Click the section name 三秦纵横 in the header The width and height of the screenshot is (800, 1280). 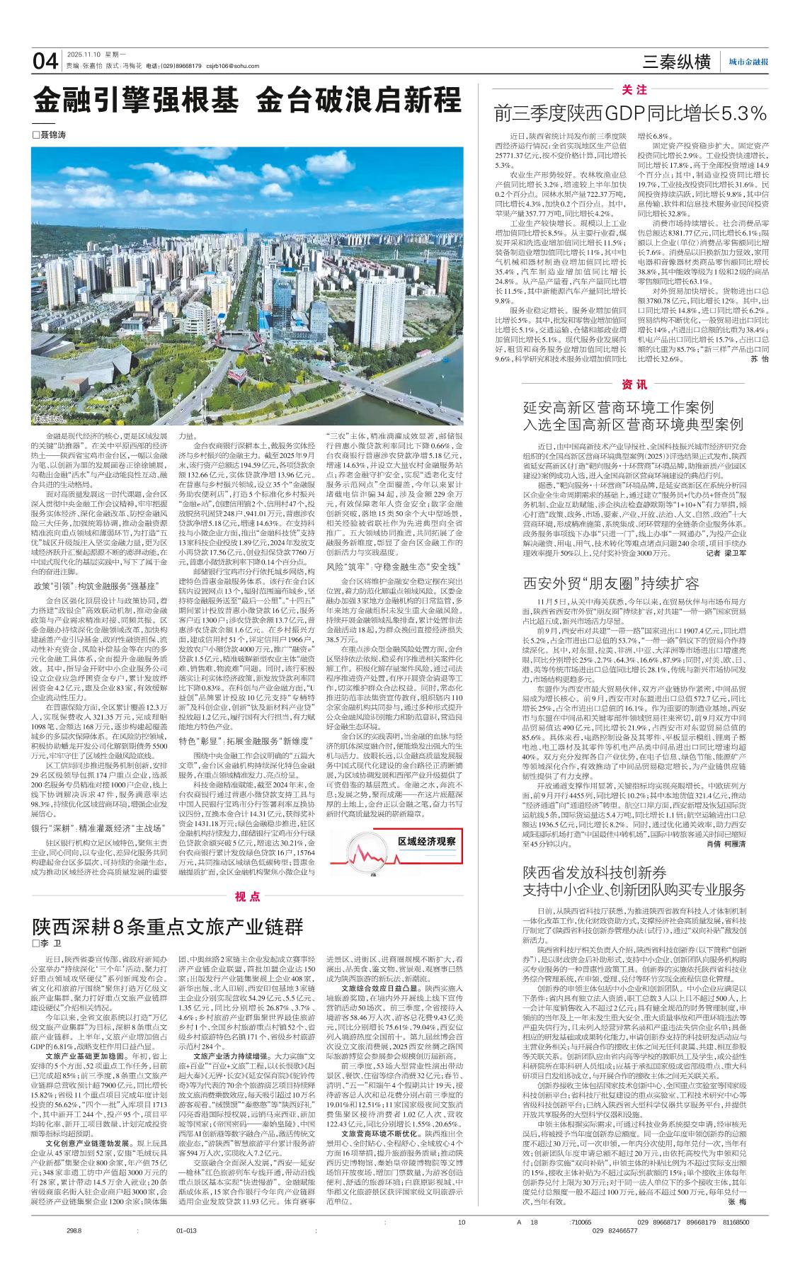677,62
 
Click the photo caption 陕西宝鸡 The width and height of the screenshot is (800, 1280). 48,420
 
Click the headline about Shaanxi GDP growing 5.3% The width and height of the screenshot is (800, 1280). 631,113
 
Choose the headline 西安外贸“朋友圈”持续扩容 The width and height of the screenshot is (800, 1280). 611,583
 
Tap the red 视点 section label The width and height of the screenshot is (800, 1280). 248,896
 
